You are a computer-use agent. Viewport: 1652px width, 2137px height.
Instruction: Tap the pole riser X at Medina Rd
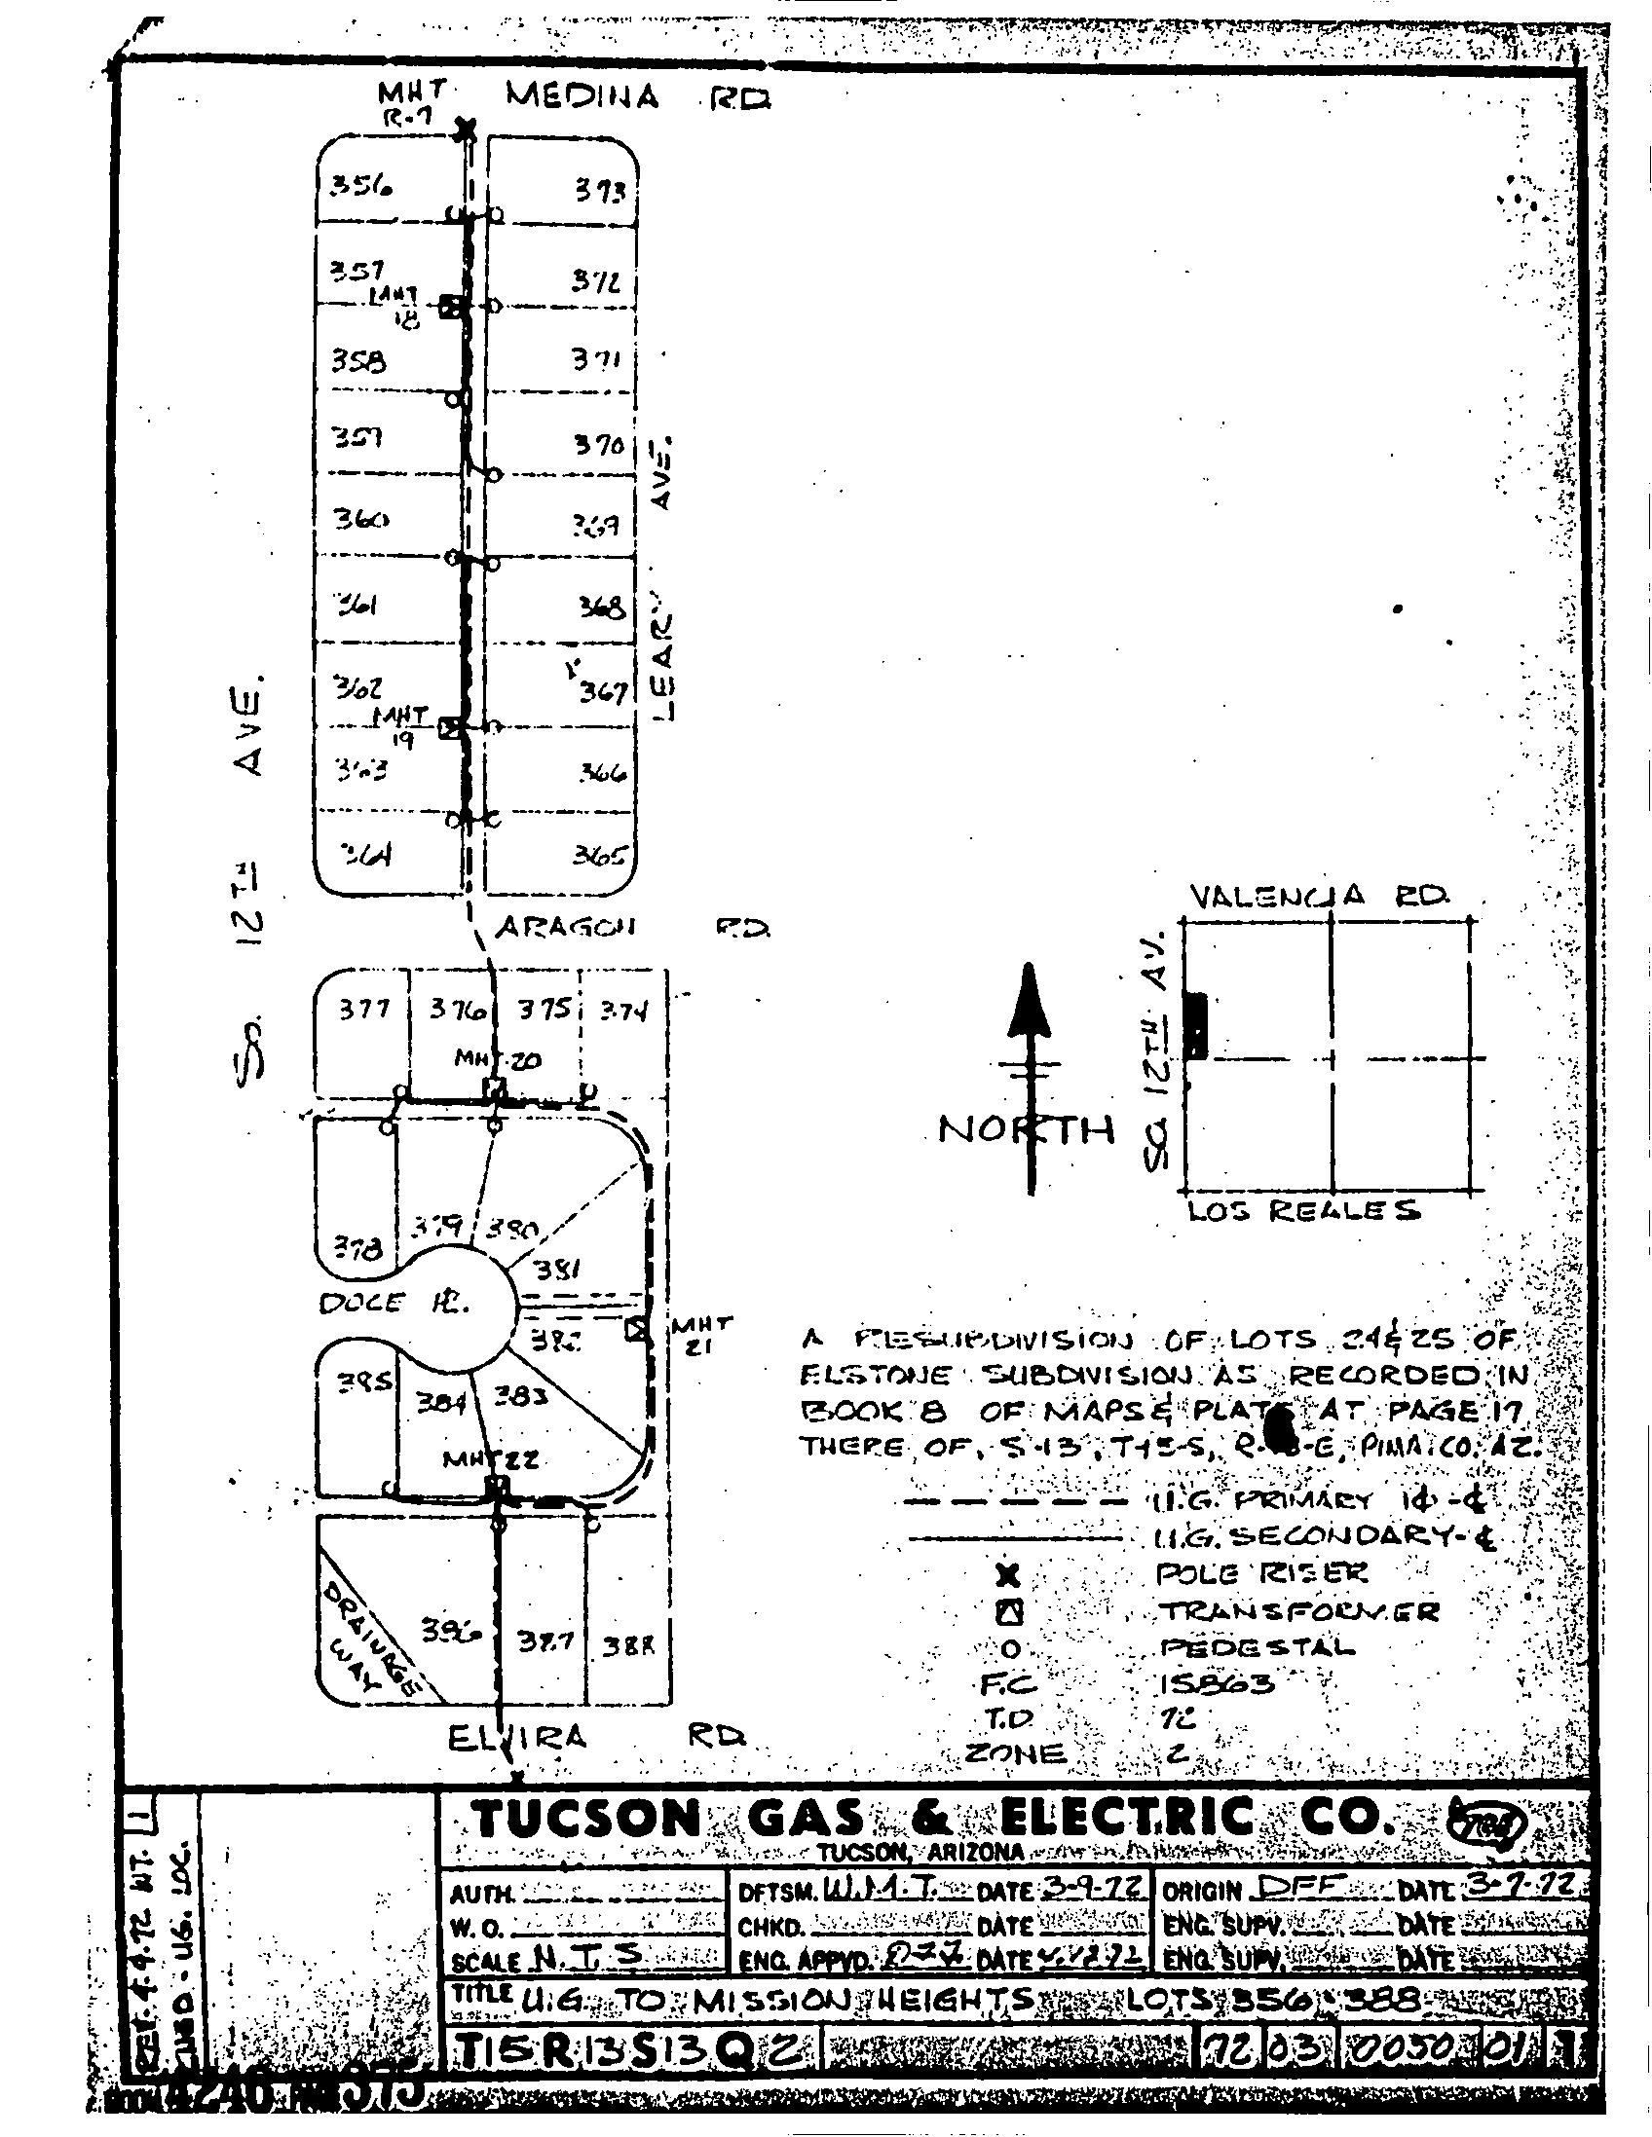coord(467,128)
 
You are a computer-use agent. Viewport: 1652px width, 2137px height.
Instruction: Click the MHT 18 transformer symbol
coord(449,308)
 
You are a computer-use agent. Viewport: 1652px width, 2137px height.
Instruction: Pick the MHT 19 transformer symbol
coord(449,728)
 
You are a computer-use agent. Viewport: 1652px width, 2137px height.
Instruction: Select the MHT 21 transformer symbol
coord(636,1330)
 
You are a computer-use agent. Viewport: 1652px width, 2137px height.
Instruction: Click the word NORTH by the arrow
coord(1027,1130)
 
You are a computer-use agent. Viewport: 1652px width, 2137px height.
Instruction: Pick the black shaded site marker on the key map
coord(1195,1024)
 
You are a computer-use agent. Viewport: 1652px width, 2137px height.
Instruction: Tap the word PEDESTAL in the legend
coord(1258,1646)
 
